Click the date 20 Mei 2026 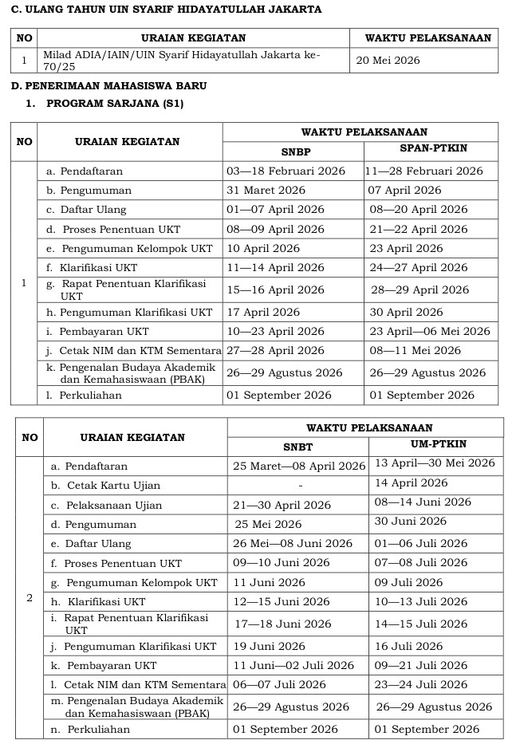[x=388, y=61]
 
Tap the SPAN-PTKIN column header [x=433, y=149]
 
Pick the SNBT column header [x=297, y=447]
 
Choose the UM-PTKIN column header [x=438, y=444]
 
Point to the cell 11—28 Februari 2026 [x=425, y=171]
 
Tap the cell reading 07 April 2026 [x=404, y=191]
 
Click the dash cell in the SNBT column [x=300, y=486]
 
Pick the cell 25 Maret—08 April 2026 [x=299, y=466]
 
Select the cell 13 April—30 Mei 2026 [x=435, y=463]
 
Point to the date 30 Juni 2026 [x=411, y=522]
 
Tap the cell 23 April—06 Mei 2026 [x=430, y=331]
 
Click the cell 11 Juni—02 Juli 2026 [x=293, y=665]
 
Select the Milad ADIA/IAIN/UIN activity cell [x=182, y=60]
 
